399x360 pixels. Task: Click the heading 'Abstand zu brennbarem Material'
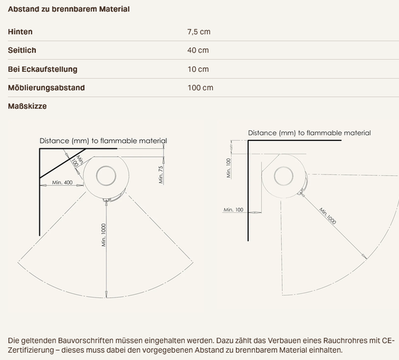coord(68,9)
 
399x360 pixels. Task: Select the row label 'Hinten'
coord(20,32)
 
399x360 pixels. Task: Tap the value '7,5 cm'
coord(199,32)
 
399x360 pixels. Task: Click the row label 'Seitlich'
coord(22,50)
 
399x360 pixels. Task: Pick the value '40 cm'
coord(198,50)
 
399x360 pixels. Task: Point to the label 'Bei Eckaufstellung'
coord(43,69)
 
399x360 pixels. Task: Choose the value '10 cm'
coord(198,69)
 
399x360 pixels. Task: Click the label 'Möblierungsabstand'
coord(47,88)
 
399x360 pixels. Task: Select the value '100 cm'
coord(200,88)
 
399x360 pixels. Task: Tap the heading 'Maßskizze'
coord(27,106)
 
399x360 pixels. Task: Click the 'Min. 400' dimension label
coord(62,182)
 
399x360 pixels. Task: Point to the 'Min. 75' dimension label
coord(161,174)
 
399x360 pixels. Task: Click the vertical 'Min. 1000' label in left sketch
coord(103,235)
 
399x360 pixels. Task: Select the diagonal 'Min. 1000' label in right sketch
coord(327,216)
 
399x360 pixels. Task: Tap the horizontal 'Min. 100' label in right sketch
coord(233,210)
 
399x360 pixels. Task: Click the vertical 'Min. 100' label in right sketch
coord(228,168)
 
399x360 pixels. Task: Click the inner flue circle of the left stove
coord(106,166)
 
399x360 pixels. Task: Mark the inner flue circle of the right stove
coord(283,166)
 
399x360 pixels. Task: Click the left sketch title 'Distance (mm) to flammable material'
coord(103,141)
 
